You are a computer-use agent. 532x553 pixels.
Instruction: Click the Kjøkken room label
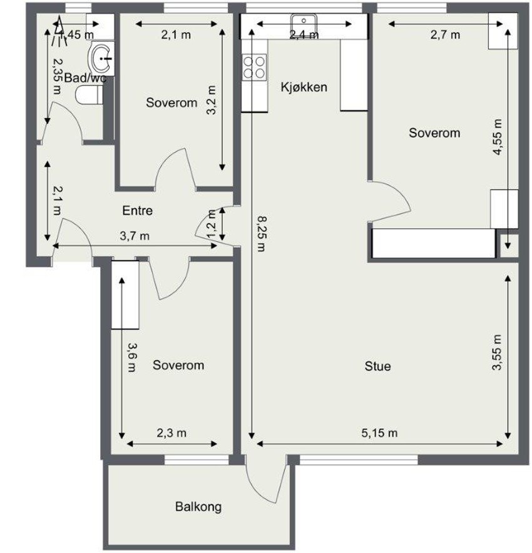pos(304,87)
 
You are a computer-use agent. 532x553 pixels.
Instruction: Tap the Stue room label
pos(378,366)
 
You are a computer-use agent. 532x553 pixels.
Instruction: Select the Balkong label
pos(198,507)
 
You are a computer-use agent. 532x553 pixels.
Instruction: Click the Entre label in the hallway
pos(137,211)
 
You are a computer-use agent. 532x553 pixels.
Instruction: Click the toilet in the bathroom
pos(89,96)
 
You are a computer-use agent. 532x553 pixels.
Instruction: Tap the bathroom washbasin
pos(102,58)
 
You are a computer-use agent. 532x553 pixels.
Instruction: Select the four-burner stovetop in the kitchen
pos(254,67)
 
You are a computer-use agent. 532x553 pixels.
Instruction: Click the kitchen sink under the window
pos(304,24)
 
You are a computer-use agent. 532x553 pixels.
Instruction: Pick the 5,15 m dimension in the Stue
pos(379,432)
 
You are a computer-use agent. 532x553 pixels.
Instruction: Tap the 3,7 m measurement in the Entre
pos(135,236)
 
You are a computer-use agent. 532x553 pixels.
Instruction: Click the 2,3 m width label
pos(173,432)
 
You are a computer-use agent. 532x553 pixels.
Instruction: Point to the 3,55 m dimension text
pos(498,353)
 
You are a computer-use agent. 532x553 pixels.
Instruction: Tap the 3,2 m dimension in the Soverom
pos(213,100)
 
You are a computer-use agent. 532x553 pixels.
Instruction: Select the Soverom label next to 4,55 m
pos(434,132)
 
